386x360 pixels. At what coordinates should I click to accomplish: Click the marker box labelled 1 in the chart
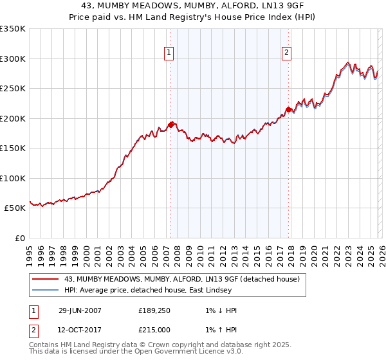pyautogui.click(x=169, y=53)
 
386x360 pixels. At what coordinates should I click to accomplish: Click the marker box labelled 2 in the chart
pyautogui.click(x=286, y=53)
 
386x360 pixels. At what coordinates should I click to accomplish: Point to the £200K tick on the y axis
pyautogui.click(x=13, y=118)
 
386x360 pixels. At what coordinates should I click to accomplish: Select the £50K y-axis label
pyautogui.click(x=15, y=208)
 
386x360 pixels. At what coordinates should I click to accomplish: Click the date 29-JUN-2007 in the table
pyautogui.click(x=80, y=310)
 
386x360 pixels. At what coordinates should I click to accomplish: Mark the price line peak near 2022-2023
pyautogui.click(x=347, y=63)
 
